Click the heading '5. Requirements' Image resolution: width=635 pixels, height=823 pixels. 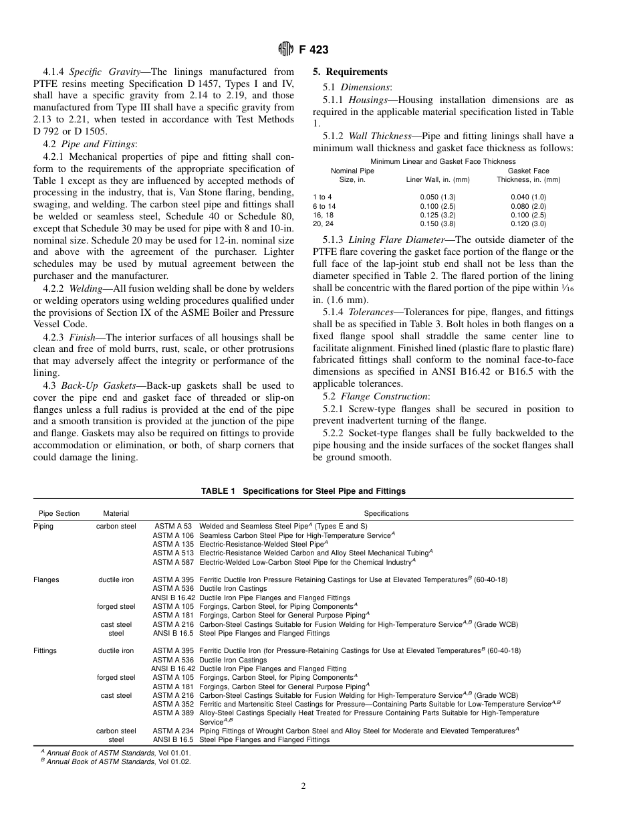350,72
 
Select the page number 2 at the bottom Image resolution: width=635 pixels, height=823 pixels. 303,786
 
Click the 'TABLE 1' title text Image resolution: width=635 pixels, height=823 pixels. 303,490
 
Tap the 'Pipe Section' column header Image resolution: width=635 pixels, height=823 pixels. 59,513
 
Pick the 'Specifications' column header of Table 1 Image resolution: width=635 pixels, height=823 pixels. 386,513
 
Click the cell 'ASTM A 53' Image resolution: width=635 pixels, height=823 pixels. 173,527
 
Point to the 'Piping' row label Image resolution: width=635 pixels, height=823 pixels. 43,527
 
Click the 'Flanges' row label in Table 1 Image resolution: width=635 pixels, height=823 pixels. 46,579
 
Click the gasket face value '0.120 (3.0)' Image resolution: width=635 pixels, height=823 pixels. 529,224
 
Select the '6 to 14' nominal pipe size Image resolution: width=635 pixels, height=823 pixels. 324,206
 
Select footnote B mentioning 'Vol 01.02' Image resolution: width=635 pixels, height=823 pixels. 116,762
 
